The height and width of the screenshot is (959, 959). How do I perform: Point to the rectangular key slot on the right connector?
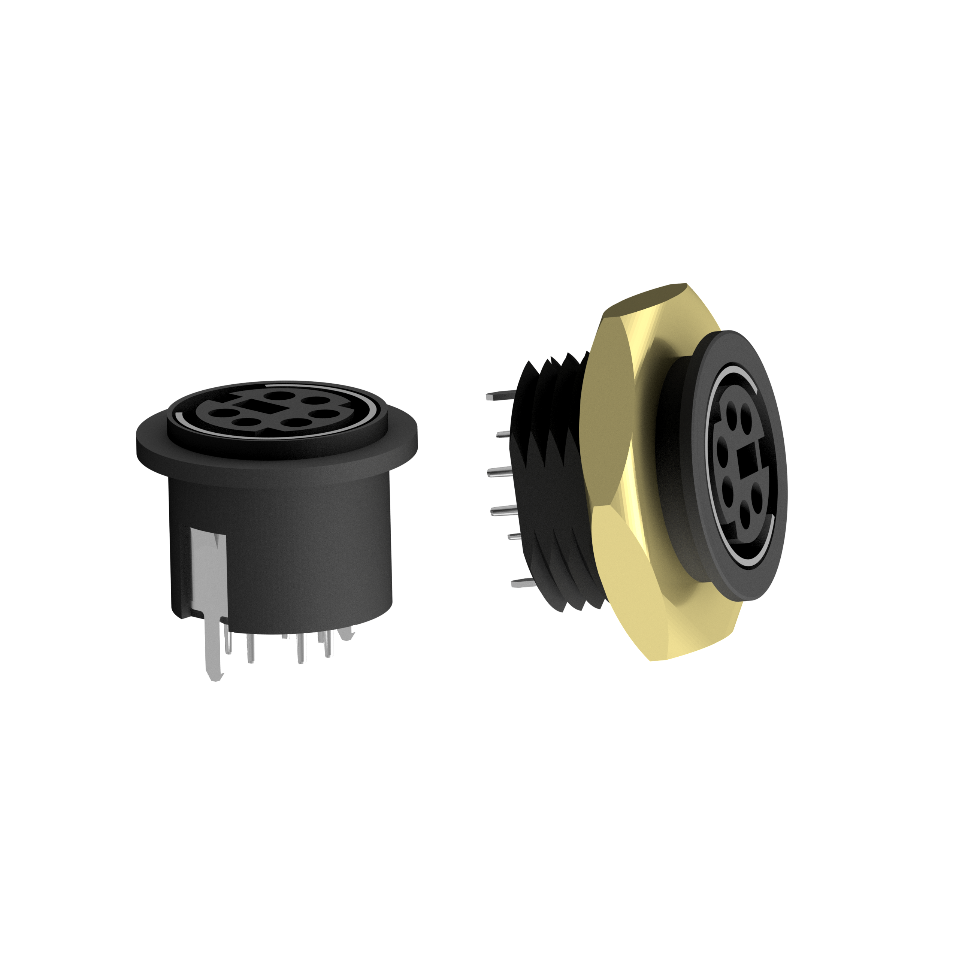pyautogui.click(x=745, y=456)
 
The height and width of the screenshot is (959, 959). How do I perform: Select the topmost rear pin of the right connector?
pyautogui.click(x=496, y=397)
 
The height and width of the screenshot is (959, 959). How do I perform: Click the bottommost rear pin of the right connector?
pyautogui.click(x=521, y=583)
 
